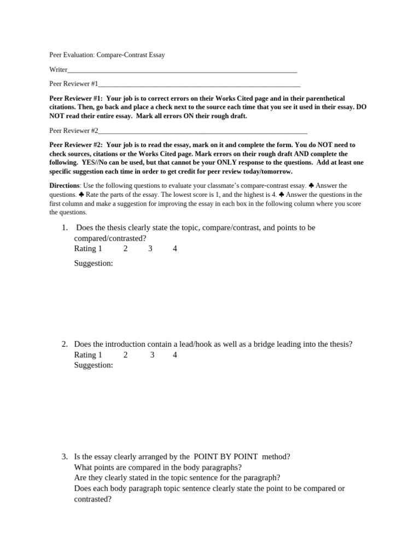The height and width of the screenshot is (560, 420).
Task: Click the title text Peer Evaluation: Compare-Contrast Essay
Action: (x=107, y=55)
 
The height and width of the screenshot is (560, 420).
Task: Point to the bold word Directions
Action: (x=65, y=186)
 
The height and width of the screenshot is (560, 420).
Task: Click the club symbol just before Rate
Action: (x=81, y=195)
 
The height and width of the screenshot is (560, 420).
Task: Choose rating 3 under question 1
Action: (x=150, y=249)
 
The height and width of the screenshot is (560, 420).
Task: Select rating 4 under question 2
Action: (x=174, y=355)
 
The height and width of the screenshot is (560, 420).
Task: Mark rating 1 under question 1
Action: (x=100, y=249)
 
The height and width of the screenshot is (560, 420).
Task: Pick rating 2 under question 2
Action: (x=125, y=355)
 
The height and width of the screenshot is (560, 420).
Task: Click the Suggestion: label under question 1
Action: (x=94, y=264)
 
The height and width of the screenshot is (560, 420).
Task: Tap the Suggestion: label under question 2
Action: (x=94, y=365)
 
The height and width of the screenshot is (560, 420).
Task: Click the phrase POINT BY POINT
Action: (x=226, y=457)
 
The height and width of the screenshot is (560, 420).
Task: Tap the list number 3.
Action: (x=65, y=457)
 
